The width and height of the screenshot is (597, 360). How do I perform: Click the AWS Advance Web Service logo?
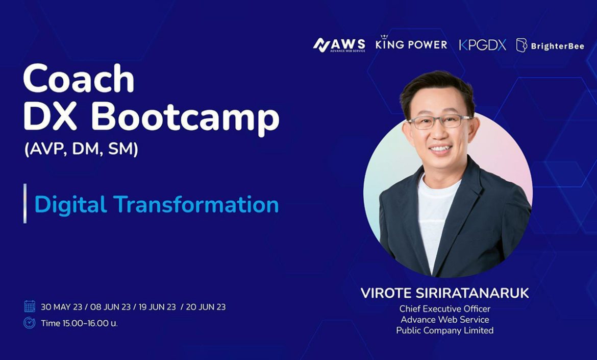coord(339,45)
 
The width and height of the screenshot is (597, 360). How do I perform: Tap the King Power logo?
coord(411,43)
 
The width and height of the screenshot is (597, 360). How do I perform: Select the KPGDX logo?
coord(482,45)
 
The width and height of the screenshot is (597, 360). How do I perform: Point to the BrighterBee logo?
coord(550,45)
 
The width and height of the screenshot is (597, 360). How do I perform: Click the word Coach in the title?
coord(79,78)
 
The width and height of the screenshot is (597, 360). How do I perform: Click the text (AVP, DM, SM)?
coord(81,149)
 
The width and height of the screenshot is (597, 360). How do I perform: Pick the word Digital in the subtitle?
coord(70,205)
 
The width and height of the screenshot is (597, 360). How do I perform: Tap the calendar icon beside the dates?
coord(29,306)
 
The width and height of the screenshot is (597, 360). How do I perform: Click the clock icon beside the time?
coord(29,323)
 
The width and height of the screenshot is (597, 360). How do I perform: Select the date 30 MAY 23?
coord(61,307)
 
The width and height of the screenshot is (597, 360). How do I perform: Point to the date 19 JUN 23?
coord(157,307)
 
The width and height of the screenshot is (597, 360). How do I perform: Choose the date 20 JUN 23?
coord(206,307)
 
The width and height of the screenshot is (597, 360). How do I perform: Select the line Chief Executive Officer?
coord(445,308)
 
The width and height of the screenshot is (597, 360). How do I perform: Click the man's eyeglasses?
coord(439,121)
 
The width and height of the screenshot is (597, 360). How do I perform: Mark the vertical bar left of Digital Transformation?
coord(25,203)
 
